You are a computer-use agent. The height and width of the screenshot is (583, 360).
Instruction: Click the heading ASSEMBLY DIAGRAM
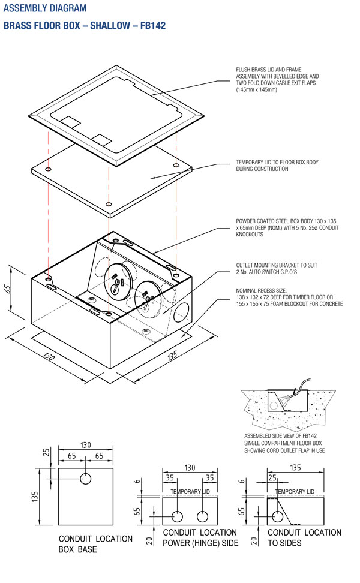(x=45, y=8)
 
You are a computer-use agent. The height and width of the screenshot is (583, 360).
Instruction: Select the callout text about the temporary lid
(x=271, y=166)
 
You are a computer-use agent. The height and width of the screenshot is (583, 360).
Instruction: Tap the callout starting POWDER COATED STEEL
(x=282, y=228)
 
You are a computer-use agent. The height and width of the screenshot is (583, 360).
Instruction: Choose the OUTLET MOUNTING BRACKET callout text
(x=273, y=268)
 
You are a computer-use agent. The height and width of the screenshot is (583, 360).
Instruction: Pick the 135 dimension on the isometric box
(x=172, y=355)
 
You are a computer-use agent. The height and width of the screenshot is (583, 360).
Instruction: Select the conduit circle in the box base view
(x=86, y=479)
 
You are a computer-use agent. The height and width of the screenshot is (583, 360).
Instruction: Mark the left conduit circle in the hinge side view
(x=178, y=516)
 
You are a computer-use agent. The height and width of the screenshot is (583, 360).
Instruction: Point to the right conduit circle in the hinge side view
(x=203, y=516)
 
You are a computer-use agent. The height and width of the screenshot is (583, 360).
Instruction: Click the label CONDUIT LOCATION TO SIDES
(x=304, y=537)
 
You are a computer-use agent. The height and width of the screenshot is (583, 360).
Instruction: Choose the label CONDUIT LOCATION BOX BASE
(x=95, y=543)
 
